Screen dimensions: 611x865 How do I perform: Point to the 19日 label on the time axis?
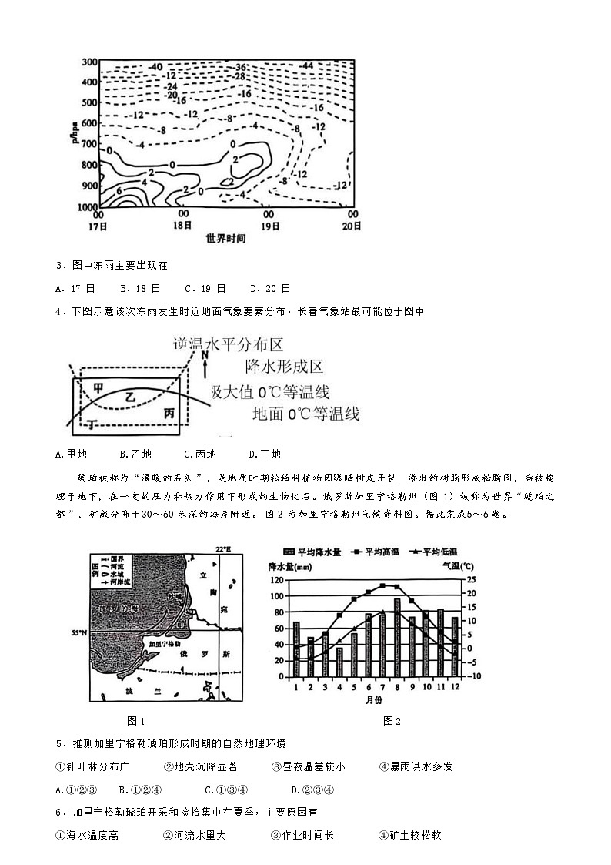pos(269,226)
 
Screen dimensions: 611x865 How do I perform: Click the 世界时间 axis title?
pos(226,239)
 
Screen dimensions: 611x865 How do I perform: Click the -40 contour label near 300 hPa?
pos(155,67)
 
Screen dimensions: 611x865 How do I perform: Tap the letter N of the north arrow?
pos(205,356)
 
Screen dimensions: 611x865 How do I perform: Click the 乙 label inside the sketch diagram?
pos(131,397)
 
